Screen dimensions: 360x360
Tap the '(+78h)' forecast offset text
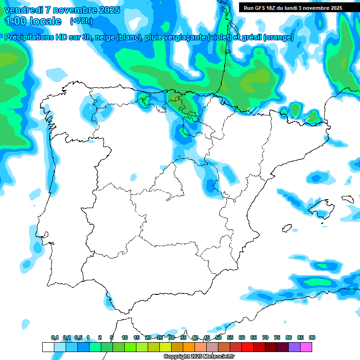click(81, 21)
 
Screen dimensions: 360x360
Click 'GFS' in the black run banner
click(261, 8)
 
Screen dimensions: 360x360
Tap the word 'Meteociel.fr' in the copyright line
click(217, 357)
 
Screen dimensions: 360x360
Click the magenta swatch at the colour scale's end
click(306, 347)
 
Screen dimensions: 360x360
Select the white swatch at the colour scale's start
click(48, 347)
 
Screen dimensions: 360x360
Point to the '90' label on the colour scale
click(312, 337)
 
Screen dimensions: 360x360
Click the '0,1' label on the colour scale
click(55, 337)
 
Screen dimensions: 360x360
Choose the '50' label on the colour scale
click(218, 337)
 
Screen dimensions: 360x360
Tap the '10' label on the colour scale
click(125, 337)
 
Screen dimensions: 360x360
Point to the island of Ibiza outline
click(287, 228)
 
